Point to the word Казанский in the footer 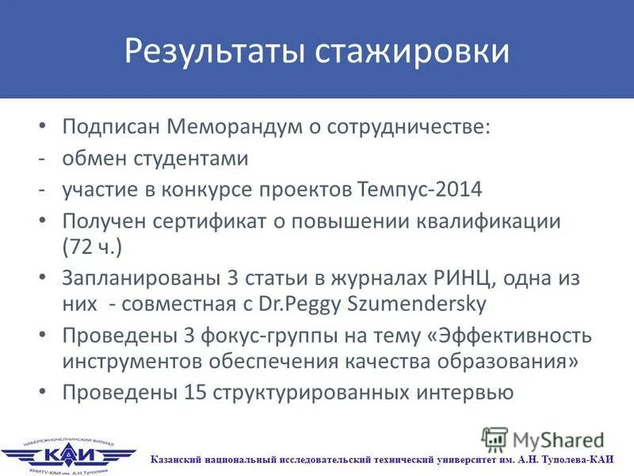pos(181,459)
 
